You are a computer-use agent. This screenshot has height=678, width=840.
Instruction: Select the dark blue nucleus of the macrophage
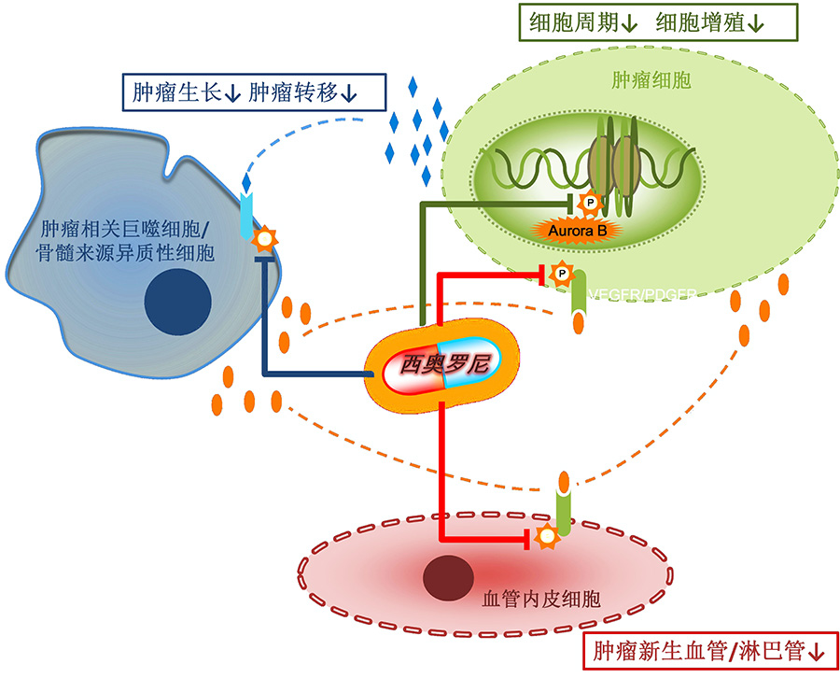[176, 301]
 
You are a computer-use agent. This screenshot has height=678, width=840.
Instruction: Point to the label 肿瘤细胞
[651, 80]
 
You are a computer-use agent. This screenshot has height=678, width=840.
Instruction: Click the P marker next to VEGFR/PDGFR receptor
[561, 274]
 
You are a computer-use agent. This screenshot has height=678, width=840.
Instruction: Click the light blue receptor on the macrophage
[246, 211]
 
